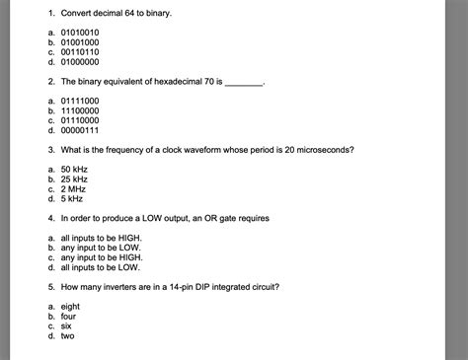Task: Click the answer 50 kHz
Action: pyautogui.click(x=74, y=169)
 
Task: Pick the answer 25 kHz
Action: pyautogui.click(x=74, y=179)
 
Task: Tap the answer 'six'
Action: pyautogui.click(x=67, y=324)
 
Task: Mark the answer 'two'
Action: pyautogui.click(x=67, y=334)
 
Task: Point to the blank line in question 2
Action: pyautogui.click(x=245, y=82)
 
